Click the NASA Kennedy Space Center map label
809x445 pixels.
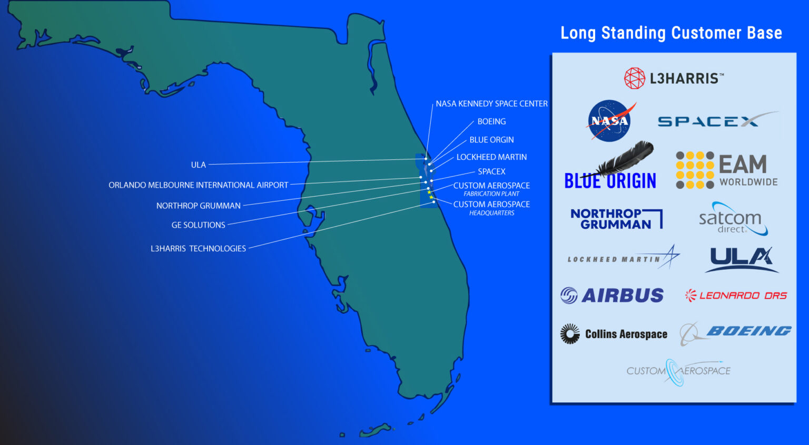(x=491, y=104)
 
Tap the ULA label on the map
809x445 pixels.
(x=198, y=165)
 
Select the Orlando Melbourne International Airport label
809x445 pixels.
(x=198, y=185)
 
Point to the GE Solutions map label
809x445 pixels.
(x=198, y=225)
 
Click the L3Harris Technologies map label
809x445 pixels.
(x=198, y=248)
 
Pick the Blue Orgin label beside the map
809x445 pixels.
(x=491, y=140)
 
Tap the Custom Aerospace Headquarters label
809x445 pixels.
(x=491, y=208)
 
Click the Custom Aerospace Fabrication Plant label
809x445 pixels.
(x=491, y=189)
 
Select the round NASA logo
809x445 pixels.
(x=609, y=121)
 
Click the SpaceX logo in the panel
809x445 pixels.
(x=716, y=121)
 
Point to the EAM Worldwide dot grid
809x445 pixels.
(x=695, y=170)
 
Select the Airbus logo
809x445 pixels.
(x=612, y=295)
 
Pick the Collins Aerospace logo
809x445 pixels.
(x=614, y=334)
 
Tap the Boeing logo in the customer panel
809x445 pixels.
(x=736, y=332)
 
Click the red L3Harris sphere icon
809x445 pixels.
(x=634, y=78)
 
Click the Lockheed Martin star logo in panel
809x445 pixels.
(x=670, y=257)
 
